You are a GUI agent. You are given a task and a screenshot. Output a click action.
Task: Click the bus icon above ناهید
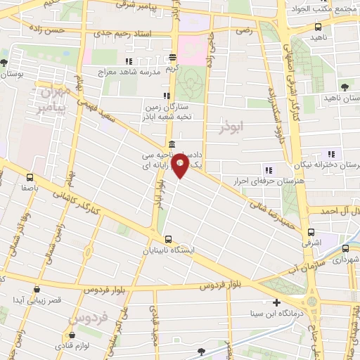[x=318, y=27]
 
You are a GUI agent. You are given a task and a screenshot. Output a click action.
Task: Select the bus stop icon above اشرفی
[x=311, y=231]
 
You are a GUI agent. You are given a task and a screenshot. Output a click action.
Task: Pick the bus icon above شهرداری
[x=345, y=248]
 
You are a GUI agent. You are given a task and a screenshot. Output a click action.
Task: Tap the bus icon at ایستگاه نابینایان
[x=167, y=238]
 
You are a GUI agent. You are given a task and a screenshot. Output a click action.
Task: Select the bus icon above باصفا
[x=30, y=177]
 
